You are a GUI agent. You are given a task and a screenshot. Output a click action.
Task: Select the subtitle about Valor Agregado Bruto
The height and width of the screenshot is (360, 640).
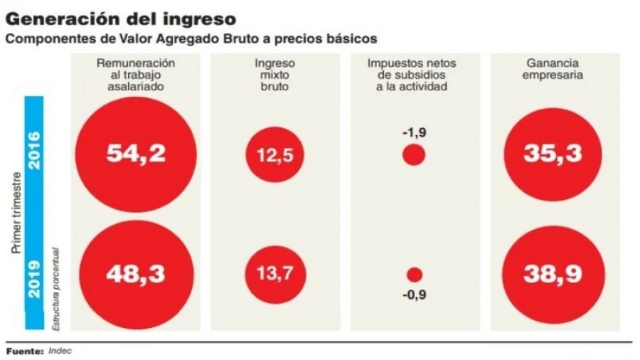191,38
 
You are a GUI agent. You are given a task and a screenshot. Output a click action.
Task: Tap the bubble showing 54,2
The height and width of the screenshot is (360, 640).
136,154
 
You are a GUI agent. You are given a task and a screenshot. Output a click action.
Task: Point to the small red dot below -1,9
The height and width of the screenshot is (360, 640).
413,155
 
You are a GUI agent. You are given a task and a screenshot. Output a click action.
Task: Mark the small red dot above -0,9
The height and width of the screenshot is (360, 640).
413,274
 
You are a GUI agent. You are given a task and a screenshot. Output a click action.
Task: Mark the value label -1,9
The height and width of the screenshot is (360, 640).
413,132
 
